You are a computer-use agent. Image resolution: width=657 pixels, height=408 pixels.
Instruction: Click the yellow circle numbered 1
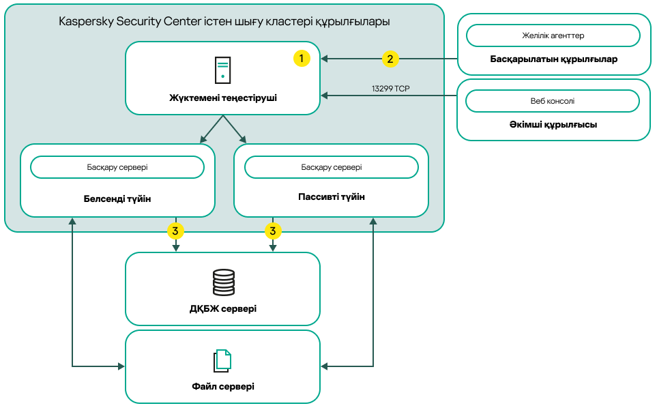(302, 59)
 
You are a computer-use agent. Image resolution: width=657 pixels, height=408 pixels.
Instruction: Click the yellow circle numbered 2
(390, 59)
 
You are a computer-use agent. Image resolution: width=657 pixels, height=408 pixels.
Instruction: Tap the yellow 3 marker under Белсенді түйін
(175, 231)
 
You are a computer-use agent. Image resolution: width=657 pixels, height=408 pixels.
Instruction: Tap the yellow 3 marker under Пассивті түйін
(273, 231)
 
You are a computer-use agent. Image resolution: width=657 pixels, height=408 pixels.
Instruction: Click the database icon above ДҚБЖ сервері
(223, 282)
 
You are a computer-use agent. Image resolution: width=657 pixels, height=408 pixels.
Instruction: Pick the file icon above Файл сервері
(223, 360)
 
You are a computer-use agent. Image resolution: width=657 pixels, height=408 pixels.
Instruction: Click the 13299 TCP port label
(390, 89)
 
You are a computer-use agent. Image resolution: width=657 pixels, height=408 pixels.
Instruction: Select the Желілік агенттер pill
(553, 35)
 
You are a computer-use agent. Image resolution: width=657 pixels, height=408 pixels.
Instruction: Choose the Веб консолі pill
(553, 101)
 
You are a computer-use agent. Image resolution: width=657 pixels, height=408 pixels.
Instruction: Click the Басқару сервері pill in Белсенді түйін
(117, 167)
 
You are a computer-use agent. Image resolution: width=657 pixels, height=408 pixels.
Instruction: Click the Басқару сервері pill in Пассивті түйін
(332, 167)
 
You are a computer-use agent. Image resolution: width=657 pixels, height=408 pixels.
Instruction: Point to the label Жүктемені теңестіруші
(223, 98)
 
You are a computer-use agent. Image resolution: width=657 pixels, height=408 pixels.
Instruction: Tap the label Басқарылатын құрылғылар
(553, 59)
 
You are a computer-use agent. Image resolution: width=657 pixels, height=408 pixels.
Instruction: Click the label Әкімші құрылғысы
(553, 126)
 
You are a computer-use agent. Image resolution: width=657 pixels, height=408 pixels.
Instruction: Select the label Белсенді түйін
(117, 199)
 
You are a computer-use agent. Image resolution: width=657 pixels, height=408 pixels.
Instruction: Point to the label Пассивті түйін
(332, 197)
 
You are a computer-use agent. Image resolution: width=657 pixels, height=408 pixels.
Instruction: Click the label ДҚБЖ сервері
(223, 308)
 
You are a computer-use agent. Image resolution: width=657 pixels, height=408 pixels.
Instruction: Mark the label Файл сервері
(223, 387)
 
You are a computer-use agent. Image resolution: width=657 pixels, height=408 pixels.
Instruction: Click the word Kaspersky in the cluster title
(85, 21)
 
